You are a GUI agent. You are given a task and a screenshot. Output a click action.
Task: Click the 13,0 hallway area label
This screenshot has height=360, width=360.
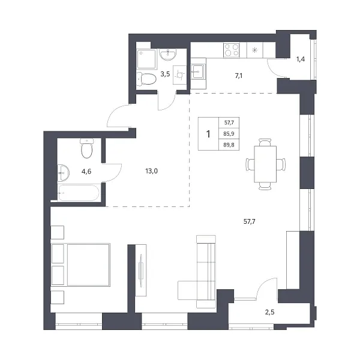(x=152, y=171)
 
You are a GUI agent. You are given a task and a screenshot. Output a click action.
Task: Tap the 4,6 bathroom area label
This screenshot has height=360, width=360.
(x=86, y=171)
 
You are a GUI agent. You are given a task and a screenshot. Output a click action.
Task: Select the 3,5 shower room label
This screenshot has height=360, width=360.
(x=165, y=74)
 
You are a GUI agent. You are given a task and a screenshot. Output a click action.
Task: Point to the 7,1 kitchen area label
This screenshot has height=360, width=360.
(x=239, y=76)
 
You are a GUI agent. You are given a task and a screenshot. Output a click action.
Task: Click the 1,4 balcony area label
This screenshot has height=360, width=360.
(x=301, y=59)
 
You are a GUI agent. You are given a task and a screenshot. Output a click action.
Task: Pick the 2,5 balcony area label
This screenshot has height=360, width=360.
(x=270, y=312)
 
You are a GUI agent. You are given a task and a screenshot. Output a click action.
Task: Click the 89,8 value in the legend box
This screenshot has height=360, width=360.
(x=229, y=145)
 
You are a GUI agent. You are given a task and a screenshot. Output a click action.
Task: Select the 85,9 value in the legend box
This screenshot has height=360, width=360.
(x=229, y=134)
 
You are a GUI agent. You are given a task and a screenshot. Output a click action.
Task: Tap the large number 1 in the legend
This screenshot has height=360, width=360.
(x=208, y=134)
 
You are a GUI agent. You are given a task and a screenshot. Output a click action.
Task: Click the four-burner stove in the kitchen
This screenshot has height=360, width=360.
(x=232, y=50)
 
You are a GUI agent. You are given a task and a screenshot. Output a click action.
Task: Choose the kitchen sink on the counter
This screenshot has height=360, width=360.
(x=197, y=71)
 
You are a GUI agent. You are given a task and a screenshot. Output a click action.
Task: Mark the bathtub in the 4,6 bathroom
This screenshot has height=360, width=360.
(x=79, y=193)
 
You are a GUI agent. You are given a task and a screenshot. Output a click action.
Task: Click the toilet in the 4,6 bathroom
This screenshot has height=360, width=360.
(x=87, y=148)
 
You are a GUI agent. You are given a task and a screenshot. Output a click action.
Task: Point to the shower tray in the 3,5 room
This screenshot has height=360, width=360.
(x=147, y=59)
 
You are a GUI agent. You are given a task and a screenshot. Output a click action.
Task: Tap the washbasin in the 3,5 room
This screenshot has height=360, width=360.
(x=168, y=55)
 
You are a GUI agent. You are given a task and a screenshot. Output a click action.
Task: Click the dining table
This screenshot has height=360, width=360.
(x=265, y=164)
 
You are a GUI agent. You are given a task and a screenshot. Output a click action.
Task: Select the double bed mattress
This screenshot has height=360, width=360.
(x=88, y=265)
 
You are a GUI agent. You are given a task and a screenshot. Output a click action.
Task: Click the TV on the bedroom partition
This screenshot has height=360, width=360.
(x=141, y=271)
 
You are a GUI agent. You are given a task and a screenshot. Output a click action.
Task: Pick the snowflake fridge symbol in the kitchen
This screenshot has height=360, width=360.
(x=254, y=50)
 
